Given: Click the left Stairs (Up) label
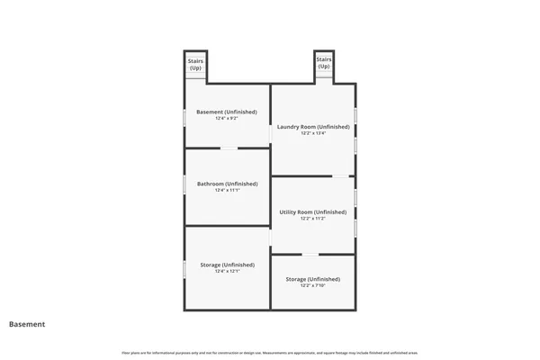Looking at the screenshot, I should click(x=195, y=64).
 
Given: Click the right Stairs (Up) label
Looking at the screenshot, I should click(x=323, y=63).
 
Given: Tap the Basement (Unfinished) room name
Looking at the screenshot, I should click(x=227, y=112).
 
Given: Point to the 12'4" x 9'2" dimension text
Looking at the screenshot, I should click(x=227, y=118).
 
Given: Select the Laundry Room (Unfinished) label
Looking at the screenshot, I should click(x=312, y=127).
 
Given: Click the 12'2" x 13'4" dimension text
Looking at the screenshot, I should click(x=312, y=133).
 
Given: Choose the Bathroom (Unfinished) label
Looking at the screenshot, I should click(x=227, y=184).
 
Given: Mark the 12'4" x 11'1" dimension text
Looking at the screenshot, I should click(x=227, y=190).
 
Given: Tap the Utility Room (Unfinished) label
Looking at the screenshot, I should click(x=312, y=211).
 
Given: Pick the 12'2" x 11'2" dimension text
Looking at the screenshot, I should click(x=312, y=218).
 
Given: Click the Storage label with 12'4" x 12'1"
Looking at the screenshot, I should click(x=227, y=265).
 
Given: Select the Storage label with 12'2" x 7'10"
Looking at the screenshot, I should click(x=312, y=279).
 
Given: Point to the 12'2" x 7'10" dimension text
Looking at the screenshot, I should click(x=312, y=285).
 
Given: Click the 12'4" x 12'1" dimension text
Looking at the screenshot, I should click(x=227, y=271).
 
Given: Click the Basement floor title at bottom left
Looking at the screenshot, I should click(x=27, y=324).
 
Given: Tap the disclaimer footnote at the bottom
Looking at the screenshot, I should click(x=269, y=351).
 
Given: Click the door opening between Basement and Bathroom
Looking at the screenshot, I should click(x=229, y=148).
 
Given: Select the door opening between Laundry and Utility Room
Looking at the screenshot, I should click(x=341, y=176).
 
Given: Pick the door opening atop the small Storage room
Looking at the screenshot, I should click(x=310, y=255).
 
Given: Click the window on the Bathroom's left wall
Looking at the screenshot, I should click(x=184, y=184).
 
